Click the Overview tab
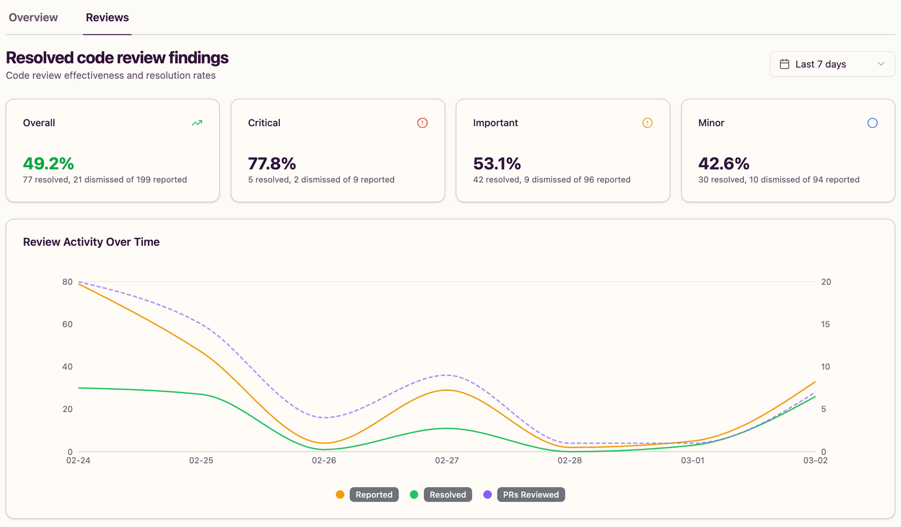(x=33, y=17)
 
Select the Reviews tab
(x=107, y=17)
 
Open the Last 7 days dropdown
(x=832, y=64)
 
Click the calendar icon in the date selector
(x=784, y=64)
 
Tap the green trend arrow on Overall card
(x=197, y=123)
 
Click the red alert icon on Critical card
(x=422, y=123)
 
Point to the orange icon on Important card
(x=647, y=123)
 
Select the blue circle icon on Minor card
(x=872, y=123)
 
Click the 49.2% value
(x=48, y=164)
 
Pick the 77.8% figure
(x=272, y=164)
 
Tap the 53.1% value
(x=497, y=164)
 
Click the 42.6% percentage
(x=724, y=164)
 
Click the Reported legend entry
(x=374, y=495)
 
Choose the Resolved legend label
(x=447, y=495)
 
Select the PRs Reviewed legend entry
(x=530, y=495)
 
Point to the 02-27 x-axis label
(x=447, y=460)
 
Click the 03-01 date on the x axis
(x=693, y=460)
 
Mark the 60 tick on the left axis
(x=68, y=324)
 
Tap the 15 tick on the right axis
(x=825, y=324)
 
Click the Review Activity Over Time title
(x=92, y=242)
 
